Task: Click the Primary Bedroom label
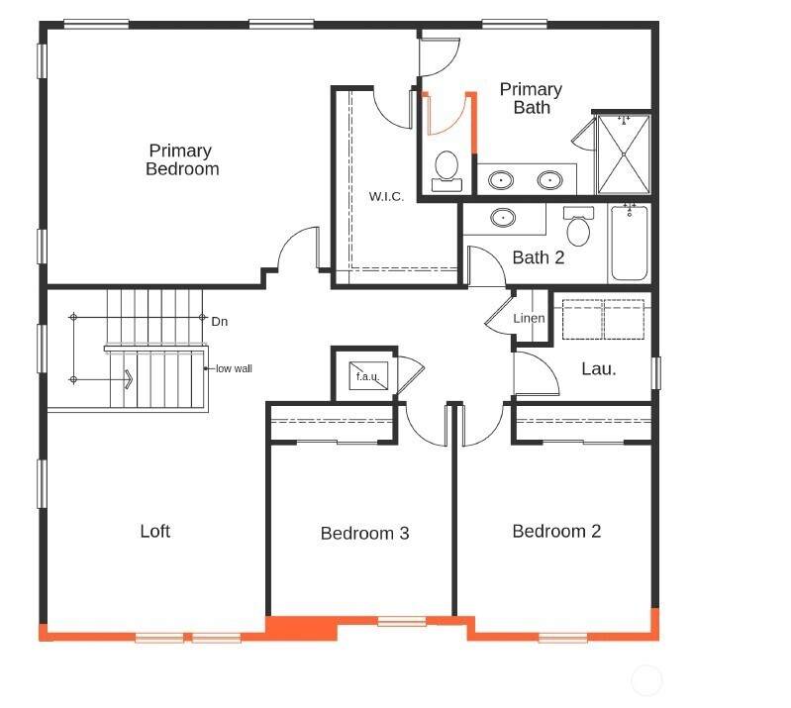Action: [x=182, y=159]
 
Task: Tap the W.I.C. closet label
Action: [x=386, y=196]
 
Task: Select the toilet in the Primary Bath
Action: [x=446, y=171]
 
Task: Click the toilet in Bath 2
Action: [x=578, y=226]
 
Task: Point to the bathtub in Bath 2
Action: [x=629, y=243]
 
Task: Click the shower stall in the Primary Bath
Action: [x=624, y=153]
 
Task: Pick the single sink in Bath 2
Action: [x=503, y=218]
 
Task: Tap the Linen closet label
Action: [x=530, y=319]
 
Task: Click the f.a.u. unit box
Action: [x=368, y=376]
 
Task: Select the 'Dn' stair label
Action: [x=220, y=322]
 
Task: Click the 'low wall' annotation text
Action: [x=234, y=369]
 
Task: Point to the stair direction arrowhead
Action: [x=128, y=379]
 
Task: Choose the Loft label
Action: [x=155, y=531]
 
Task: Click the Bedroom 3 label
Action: [x=364, y=534]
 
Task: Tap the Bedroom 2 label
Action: [x=556, y=531]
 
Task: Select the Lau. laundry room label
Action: [x=599, y=369]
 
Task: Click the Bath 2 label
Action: [x=539, y=257]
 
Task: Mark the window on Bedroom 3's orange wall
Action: [x=402, y=621]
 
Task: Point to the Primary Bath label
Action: [x=531, y=98]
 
